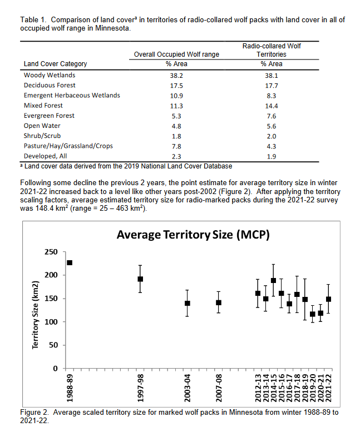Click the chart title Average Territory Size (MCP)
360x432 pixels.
(x=193, y=235)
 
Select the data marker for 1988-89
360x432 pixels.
(x=70, y=262)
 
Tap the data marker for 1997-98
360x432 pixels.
(x=140, y=279)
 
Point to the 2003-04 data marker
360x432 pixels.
(x=188, y=303)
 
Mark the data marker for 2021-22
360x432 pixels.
(x=328, y=299)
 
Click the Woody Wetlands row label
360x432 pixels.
(x=50, y=75)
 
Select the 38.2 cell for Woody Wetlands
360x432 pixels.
(x=176, y=75)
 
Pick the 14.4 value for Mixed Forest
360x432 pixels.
(x=271, y=106)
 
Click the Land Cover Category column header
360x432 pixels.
(x=55, y=64)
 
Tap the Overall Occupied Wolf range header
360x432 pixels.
(x=176, y=54)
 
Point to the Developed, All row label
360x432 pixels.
(x=46, y=156)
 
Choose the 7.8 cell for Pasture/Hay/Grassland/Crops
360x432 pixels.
(x=176, y=146)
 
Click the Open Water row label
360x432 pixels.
(x=42, y=126)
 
